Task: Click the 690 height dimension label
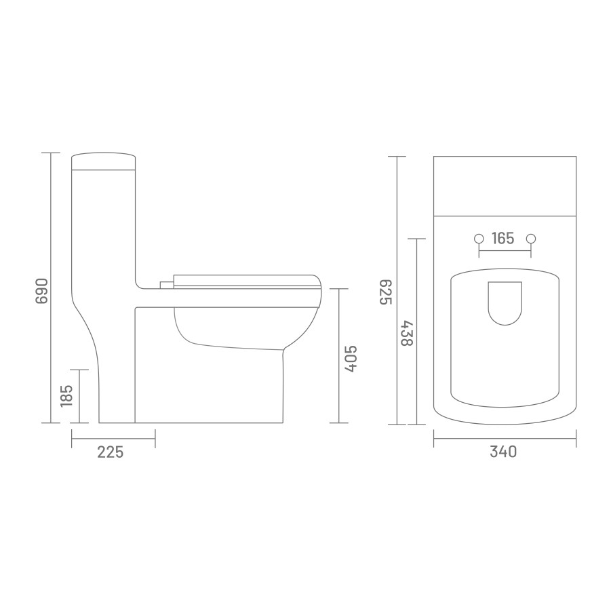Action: click(41, 291)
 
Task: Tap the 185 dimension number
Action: click(66, 396)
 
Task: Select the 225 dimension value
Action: click(111, 452)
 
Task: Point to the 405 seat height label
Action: click(350, 359)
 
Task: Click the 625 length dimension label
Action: click(386, 292)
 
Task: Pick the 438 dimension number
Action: click(407, 333)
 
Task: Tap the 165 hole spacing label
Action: click(503, 239)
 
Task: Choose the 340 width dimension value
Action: click(503, 452)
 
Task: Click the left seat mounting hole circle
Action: click(479, 239)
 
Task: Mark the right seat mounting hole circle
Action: click(531, 239)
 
